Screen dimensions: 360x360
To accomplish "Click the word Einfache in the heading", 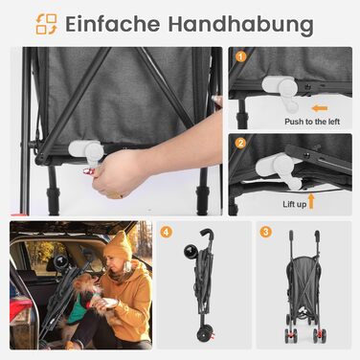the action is pos(113,24).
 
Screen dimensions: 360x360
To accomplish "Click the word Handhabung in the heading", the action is pos(240,25).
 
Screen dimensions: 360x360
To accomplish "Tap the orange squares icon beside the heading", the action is pos(46,24).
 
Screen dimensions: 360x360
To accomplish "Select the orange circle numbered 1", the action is pos(241,56).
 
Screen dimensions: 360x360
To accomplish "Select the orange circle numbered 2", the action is pos(240,143).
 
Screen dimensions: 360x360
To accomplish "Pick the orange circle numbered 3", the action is pos(265,232).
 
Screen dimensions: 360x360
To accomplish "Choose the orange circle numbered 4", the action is pos(166,232).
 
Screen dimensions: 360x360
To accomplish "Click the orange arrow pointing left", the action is pos(320,108).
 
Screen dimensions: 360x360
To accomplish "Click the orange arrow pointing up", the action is pos(311,201).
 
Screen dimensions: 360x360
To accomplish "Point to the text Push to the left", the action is pos(312,122).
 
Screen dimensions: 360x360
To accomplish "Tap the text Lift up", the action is pos(294,204).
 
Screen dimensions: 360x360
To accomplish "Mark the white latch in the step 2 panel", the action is pos(279,169).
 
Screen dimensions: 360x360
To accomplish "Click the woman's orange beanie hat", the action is pos(118,245).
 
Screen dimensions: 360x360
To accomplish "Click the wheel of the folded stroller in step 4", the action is pos(204,336).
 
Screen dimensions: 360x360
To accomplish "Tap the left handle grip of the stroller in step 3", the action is pos(291,236).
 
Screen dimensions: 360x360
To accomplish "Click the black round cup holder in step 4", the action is pos(191,251).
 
